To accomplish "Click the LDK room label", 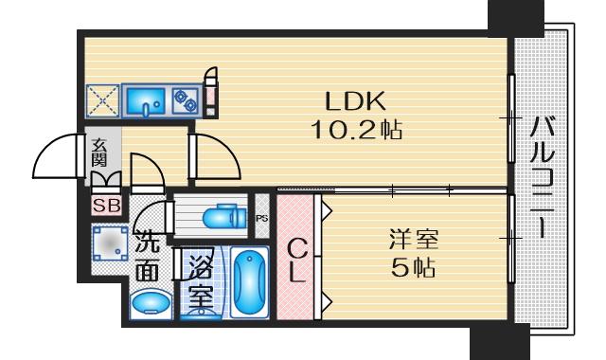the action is [x=355, y=101].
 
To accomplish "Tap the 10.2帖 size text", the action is [x=356, y=130].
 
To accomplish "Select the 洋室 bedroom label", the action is [x=414, y=240].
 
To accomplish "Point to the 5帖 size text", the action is [x=413, y=267].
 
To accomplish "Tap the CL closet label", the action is [x=296, y=261].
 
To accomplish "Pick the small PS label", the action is [x=261, y=219].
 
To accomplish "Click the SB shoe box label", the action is [x=107, y=206].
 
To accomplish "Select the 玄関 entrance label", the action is [x=98, y=152].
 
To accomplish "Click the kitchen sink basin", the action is [x=145, y=100].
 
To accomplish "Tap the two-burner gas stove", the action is [x=186, y=100].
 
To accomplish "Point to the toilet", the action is [x=224, y=218].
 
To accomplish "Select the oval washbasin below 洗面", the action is [x=151, y=303].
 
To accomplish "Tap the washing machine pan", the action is [x=110, y=243].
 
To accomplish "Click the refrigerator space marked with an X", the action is [x=103, y=100].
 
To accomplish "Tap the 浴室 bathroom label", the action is [x=201, y=281].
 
